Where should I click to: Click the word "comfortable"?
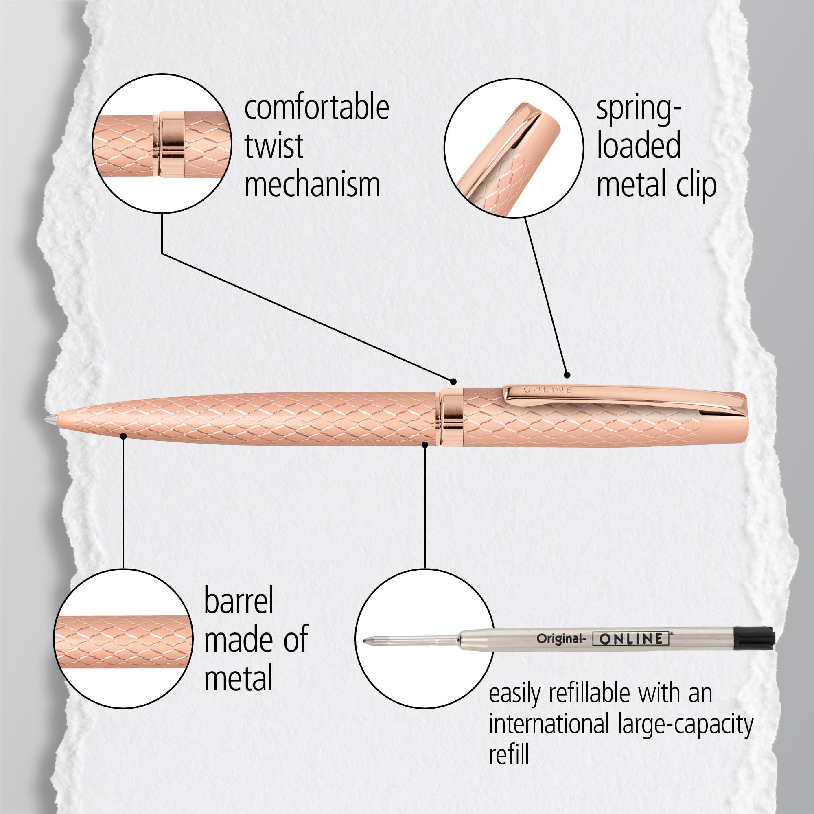click(316, 109)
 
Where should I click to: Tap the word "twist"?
click(274, 146)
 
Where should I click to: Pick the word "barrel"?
click(239, 601)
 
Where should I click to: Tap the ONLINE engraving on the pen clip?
click(547, 390)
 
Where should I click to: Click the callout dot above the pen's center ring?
click(453, 382)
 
